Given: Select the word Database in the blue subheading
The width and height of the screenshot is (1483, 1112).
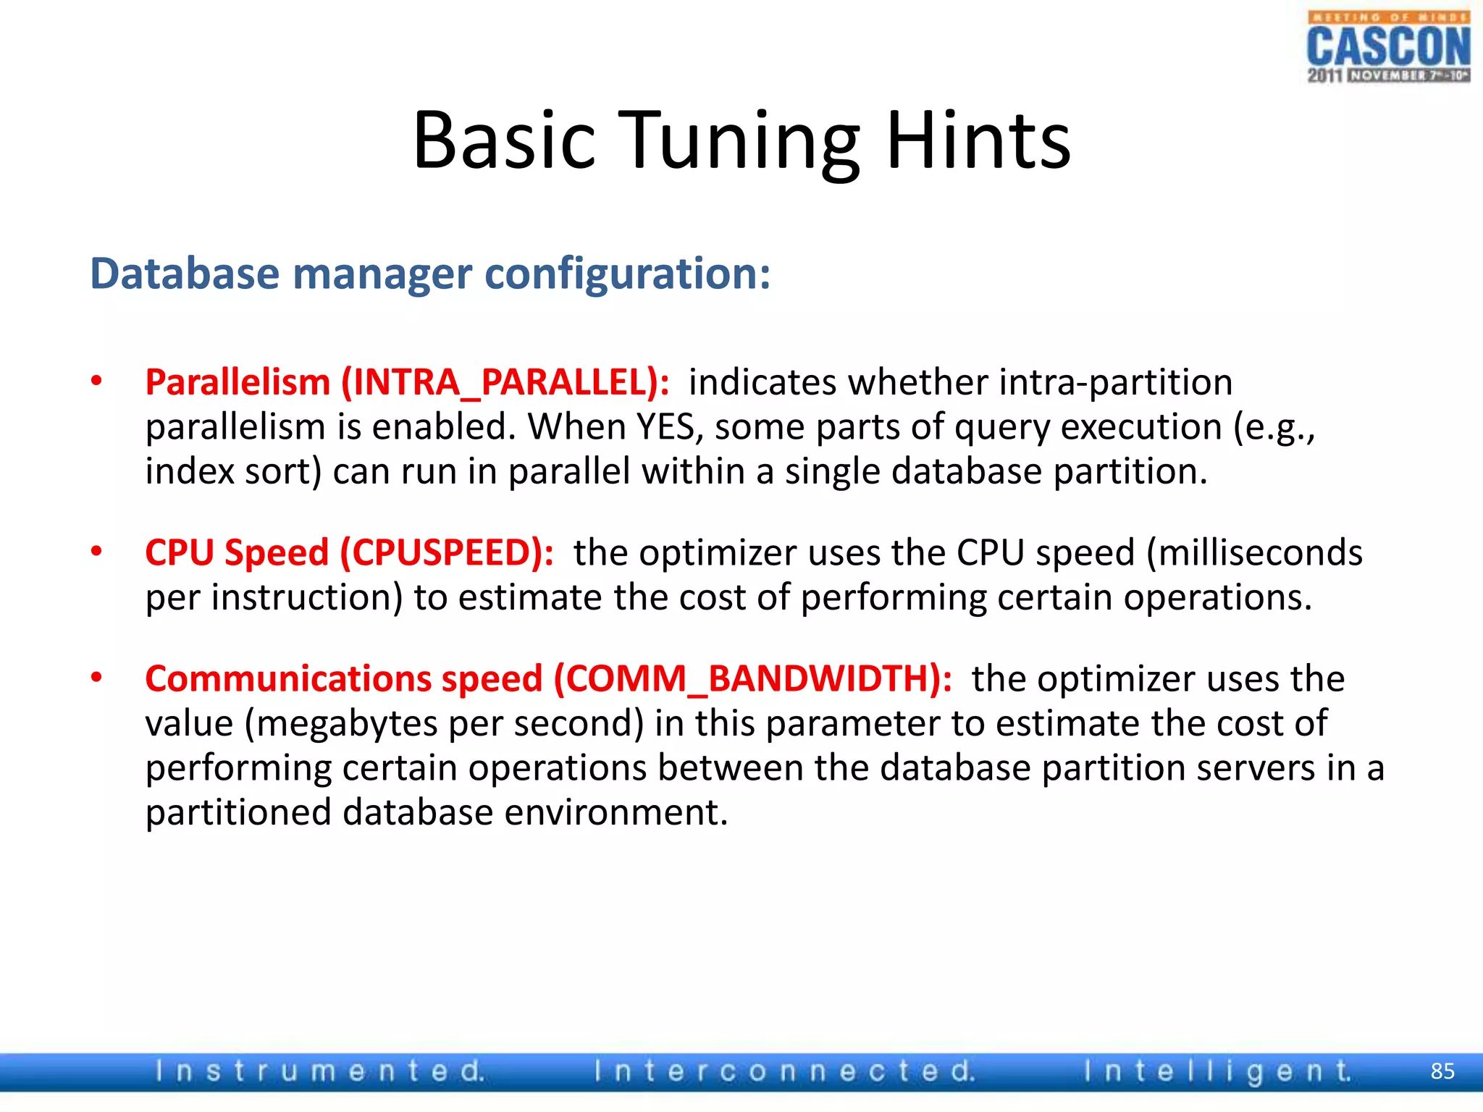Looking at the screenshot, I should (x=185, y=274).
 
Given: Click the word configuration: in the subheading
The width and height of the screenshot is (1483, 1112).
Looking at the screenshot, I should (x=627, y=275).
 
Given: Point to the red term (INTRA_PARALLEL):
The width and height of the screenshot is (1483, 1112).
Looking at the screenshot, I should (x=505, y=382).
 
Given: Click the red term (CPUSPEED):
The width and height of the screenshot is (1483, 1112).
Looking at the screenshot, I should (x=447, y=553).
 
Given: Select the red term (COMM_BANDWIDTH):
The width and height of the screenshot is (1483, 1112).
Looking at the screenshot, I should (x=752, y=679).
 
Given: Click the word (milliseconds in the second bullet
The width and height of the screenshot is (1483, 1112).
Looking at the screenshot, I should (x=1254, y=553).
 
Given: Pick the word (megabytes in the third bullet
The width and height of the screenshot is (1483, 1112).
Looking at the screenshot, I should (x=340, y=723).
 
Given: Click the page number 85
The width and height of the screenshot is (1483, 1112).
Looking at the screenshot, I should (x=1442, y=1071).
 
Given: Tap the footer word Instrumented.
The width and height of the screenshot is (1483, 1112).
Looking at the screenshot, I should (x=320, y=1071).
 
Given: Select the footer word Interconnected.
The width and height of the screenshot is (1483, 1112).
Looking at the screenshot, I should (x=784, y=1071).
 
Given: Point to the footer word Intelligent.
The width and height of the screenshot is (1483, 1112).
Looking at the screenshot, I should (x=1217, y=1071).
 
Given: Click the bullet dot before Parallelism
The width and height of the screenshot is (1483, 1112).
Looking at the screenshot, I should (x=96, y=382).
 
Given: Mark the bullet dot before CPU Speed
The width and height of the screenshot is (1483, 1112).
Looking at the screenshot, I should (x=96, y=552).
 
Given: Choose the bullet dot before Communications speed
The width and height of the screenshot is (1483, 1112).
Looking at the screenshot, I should (x=96, y=678).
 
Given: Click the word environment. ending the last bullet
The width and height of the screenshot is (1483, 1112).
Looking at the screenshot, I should (x=616, y=812).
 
